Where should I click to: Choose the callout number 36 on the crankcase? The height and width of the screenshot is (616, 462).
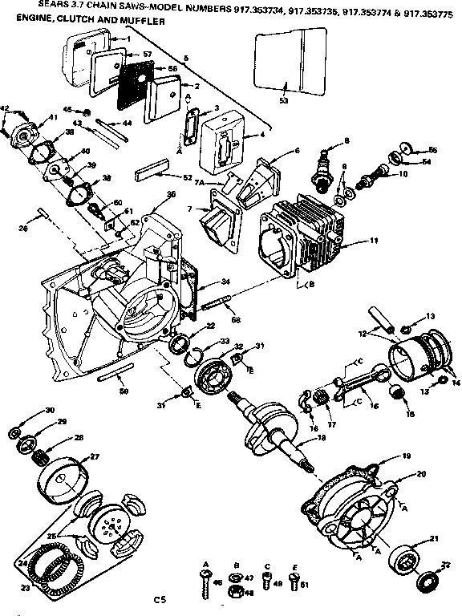(171, 195)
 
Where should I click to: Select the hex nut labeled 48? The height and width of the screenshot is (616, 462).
(237, 594)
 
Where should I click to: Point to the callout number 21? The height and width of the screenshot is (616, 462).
(434, 538)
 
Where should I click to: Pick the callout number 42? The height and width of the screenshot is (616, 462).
(5, 107)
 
